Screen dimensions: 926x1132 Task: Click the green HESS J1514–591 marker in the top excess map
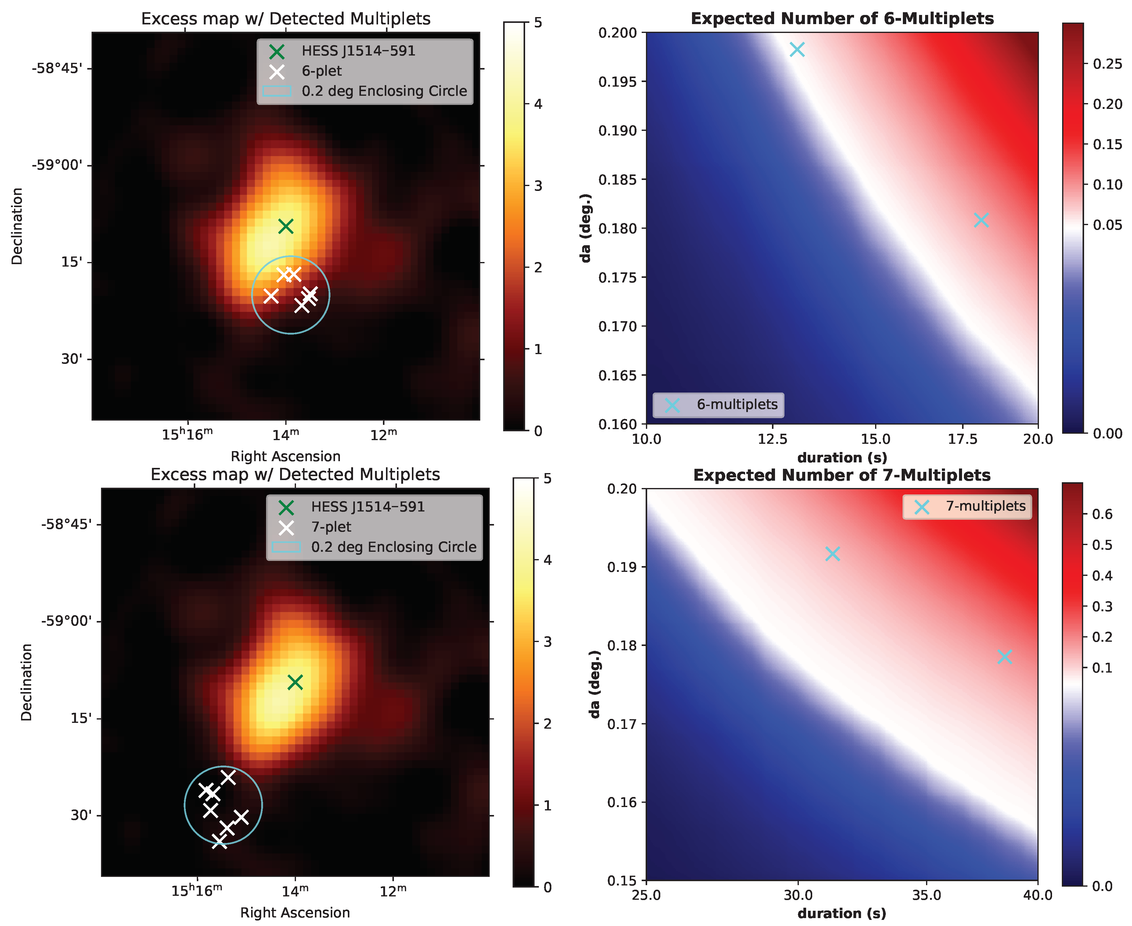286,226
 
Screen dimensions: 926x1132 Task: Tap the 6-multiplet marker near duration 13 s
797,50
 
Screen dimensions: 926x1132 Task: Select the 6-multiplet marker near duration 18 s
981,220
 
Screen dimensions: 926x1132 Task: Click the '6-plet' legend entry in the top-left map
321,71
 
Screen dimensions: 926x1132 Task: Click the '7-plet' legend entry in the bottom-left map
331,527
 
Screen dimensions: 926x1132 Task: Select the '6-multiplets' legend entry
737,404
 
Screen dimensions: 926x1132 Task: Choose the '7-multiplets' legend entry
985,506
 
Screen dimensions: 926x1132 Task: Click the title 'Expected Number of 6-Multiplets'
842,19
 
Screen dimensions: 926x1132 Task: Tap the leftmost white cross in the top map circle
271,295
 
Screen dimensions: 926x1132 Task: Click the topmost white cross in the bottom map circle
228,777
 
